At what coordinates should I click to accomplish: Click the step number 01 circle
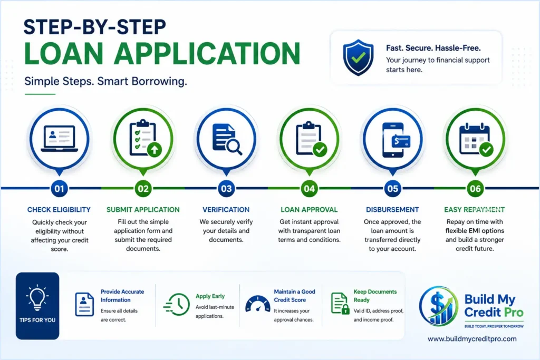59,189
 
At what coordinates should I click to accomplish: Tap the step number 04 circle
309,189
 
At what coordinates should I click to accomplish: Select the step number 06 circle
475,189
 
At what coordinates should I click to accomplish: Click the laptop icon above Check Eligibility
59,138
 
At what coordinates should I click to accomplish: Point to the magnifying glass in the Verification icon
234,147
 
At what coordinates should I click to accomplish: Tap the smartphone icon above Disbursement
393,140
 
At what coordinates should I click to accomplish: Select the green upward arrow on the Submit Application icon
155,150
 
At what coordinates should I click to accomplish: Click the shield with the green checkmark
358,57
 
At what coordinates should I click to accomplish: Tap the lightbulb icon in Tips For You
37,298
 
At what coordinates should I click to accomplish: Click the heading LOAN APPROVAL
309,210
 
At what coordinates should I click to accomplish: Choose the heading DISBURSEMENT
392,210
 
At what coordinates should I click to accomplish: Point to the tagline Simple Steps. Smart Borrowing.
105,81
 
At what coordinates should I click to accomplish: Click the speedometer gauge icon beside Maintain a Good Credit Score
258,304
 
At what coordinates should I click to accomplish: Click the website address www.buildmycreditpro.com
472,339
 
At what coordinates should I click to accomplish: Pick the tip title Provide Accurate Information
122,296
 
